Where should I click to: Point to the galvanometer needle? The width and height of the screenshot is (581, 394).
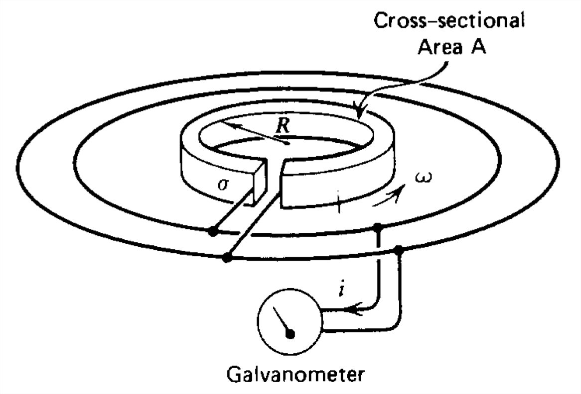pyautogui.click(x=284, y=322)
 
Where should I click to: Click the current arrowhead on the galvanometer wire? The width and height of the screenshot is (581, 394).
pyautogui.click(x=352, y=309)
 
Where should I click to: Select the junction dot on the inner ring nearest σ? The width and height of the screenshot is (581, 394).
pyautogui.click(x=213, y=231)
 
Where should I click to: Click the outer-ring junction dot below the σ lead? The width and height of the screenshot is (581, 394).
pyautogui.click(x=227, y=258)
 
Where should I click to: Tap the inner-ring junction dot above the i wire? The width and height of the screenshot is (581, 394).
pyautogui.click(x=378, y=227)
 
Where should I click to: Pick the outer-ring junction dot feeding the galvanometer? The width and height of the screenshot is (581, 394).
pyautogui.click(x=399, y=250)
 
